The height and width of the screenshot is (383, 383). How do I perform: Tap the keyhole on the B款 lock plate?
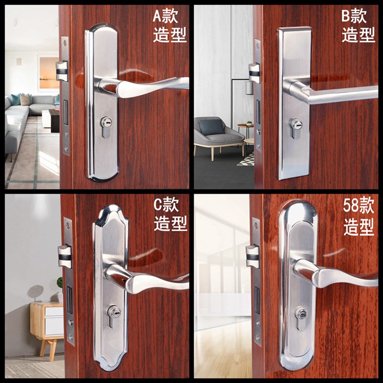(x=295, y=126)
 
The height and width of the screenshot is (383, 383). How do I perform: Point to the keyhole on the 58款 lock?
(x=301, y=314)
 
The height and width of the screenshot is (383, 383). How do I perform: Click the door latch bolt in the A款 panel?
(x=62, y=71)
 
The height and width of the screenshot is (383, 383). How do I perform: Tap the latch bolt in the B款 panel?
(x=254, y=73)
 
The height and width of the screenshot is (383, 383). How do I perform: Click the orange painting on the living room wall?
(x=48, y=73)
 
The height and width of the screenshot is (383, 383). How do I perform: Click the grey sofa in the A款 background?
(x=22, y=115)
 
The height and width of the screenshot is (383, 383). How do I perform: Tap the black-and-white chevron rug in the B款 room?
(x=246, y=159)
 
